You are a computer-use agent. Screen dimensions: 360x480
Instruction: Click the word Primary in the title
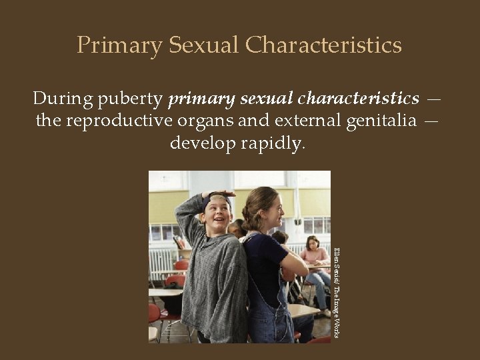[119, 45]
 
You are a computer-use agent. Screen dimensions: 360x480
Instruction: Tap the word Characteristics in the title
[323, 45]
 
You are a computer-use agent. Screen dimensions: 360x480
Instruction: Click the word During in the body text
[63, 99]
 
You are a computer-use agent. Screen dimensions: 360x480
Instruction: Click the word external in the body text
[300, 121]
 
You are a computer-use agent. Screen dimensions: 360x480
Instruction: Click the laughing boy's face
[217, 214]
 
